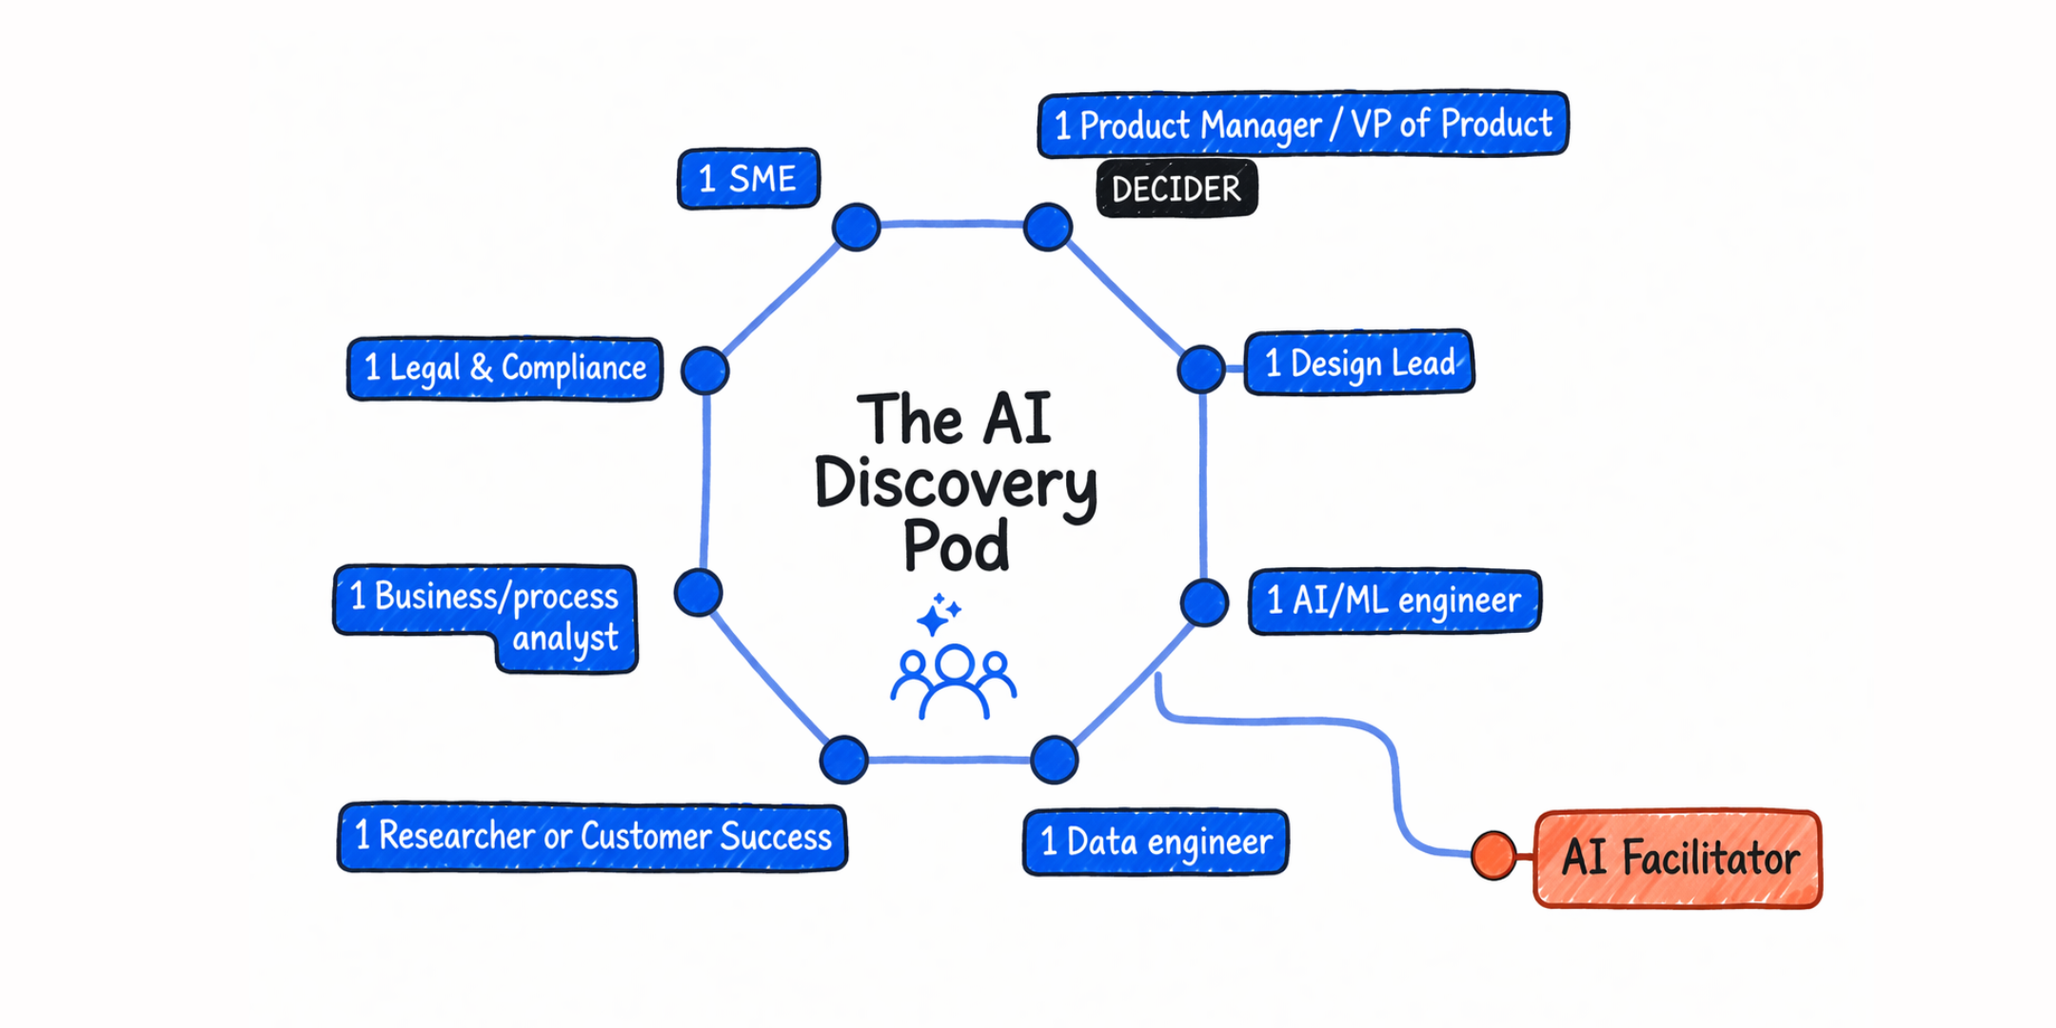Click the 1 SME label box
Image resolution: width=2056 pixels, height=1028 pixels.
(x=748, y=178)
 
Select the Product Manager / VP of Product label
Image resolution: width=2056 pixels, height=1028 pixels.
(x=1302, y=124)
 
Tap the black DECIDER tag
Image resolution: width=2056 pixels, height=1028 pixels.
(x=1176, y=188)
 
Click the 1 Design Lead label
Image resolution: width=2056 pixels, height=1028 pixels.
(x=1358, y=363)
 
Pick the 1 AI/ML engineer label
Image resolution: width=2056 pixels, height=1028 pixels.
(x=1394, y=601)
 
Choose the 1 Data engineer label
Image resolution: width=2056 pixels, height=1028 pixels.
(x=1156, y=841)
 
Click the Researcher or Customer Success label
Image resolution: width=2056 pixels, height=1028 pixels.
(x=592, y=837)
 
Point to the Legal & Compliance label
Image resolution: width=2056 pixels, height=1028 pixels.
(x=504, y=368)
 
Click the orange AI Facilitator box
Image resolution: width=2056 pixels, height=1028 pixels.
(x=1677, y=858)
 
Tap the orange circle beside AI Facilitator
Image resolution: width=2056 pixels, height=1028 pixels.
(x=1493, y=854)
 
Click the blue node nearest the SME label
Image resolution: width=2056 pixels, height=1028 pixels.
(x=856, y=227)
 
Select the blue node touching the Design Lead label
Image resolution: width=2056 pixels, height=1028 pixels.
(x=1200, y=369)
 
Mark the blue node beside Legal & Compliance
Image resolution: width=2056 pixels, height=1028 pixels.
(x=705, y=370)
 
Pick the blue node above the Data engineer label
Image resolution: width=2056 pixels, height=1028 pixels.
(x=1054, y=760)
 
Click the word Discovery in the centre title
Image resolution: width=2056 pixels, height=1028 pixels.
(x=956, y=484)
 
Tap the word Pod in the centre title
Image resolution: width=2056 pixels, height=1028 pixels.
(x=956, y=546)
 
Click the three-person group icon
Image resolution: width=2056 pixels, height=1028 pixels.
(x=954, y=680)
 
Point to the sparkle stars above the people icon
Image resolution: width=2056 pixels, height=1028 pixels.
(x=939, y=615)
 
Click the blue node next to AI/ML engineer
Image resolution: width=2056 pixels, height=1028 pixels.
(x=1204, y=603)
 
